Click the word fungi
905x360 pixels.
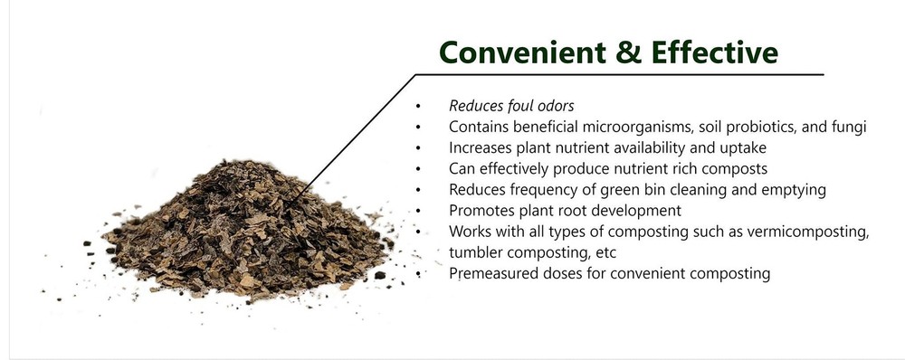848,127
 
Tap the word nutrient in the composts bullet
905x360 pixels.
634,168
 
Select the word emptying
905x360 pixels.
774,189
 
